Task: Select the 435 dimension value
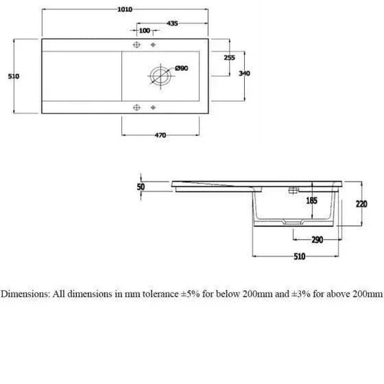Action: click(x=172, y=24)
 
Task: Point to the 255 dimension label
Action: click(x=230, y=57)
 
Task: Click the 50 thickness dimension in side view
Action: click(x=141, y=187)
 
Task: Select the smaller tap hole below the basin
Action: click(x=153, y=109)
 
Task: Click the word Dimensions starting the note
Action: click(x=25, y=294)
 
